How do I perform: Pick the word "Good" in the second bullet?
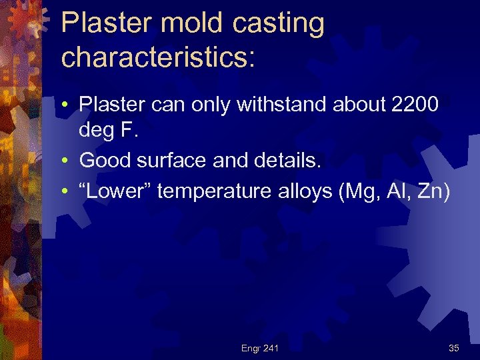pyautogui.click(x=101, y=161)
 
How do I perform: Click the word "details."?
pyautogui.click(x=269, y=161)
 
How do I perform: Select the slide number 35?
pyautogui.click(x=453, y=348)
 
